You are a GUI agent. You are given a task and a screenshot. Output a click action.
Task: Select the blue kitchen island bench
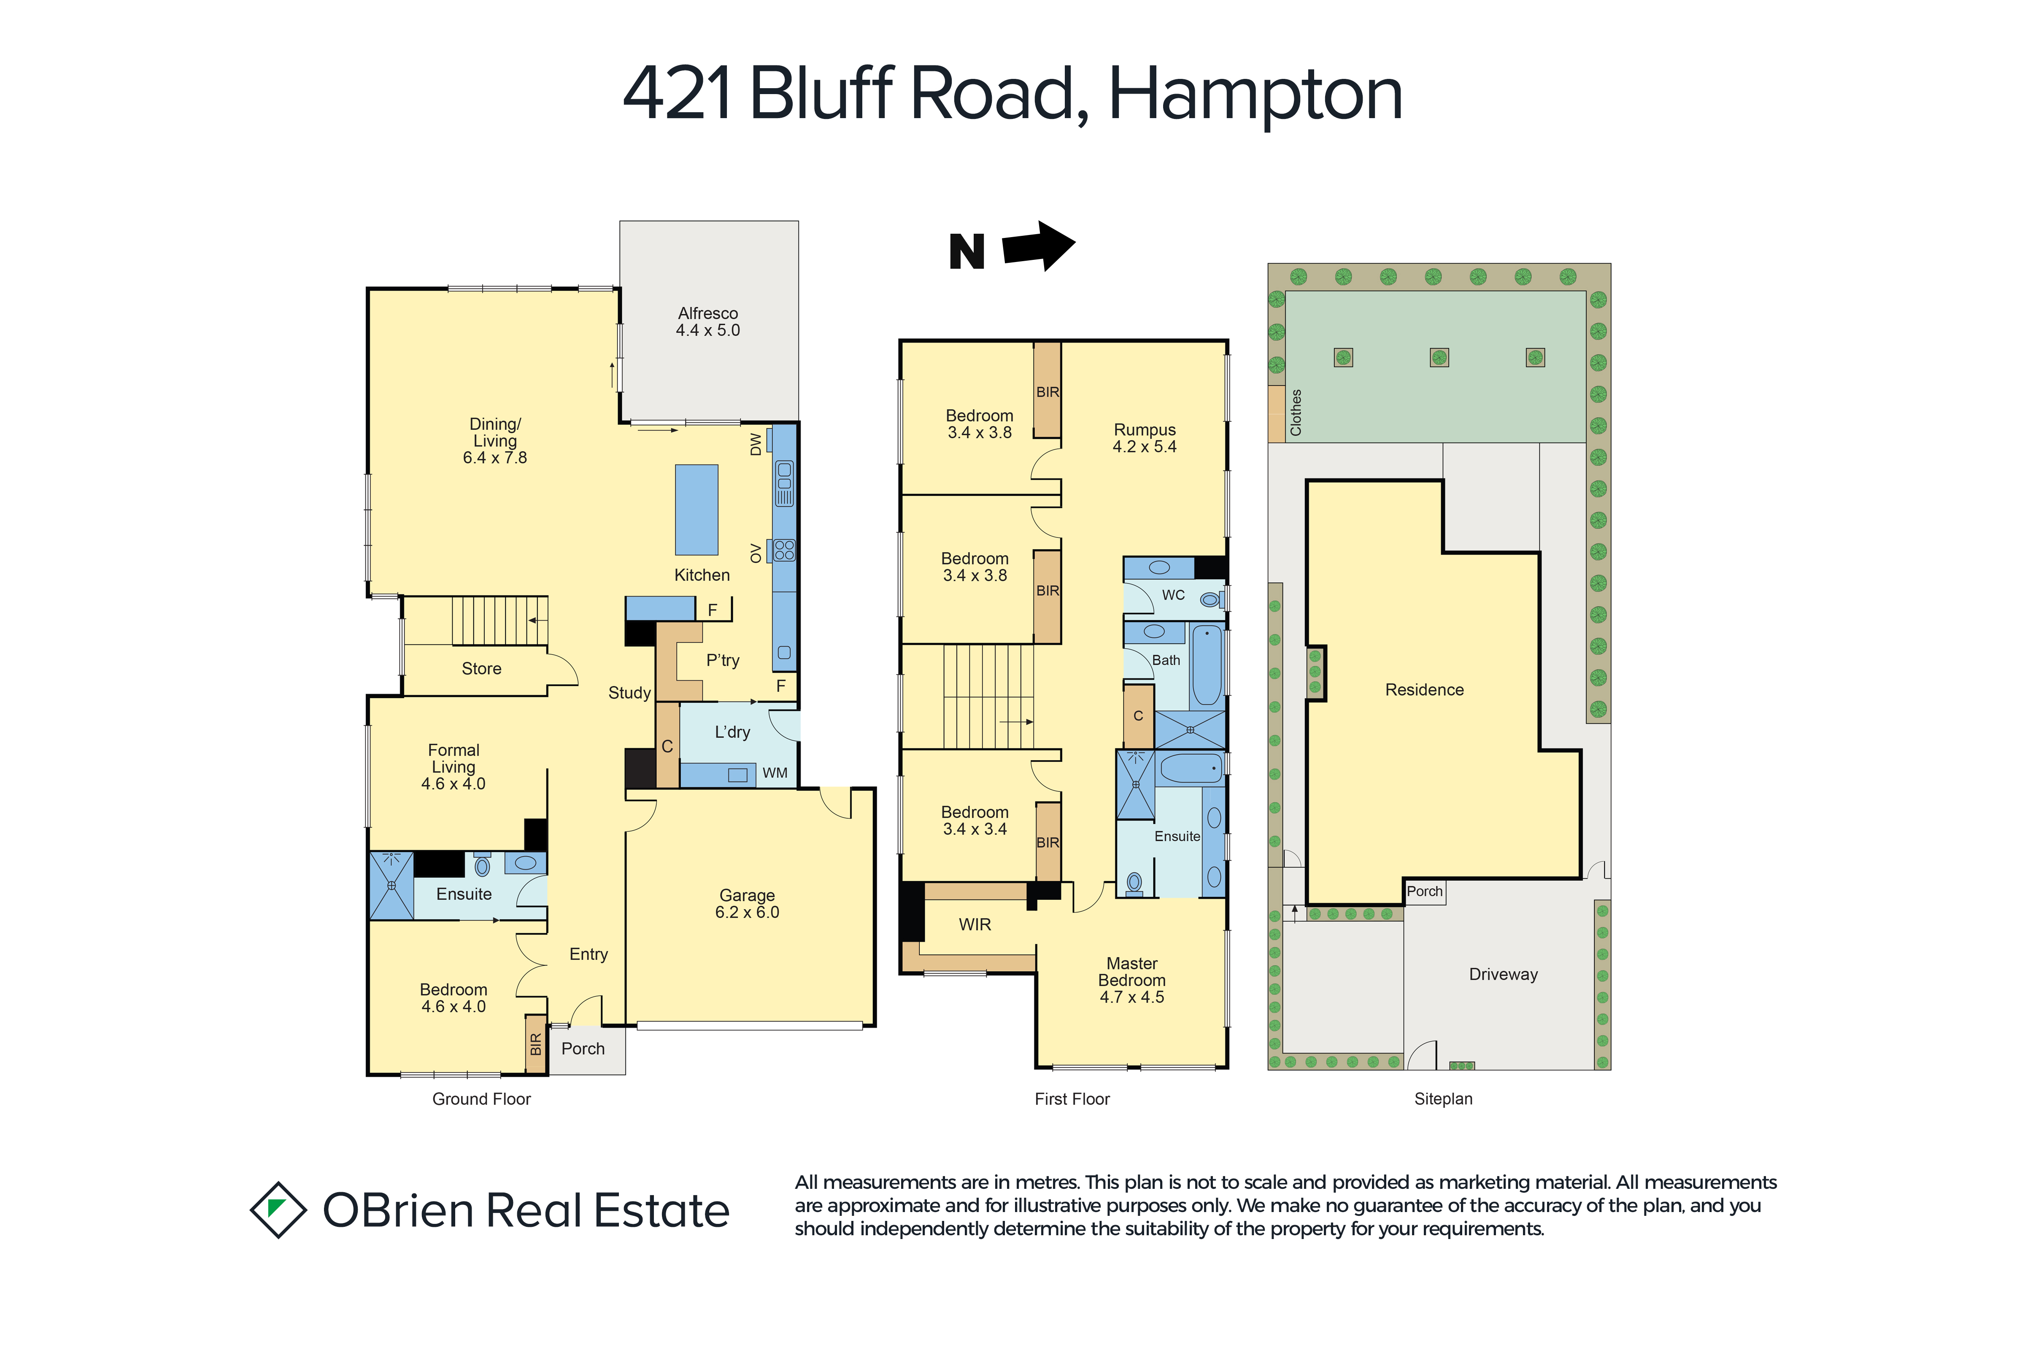click(697, 510)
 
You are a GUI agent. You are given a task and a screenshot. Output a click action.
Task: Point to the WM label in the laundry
click(775, 773)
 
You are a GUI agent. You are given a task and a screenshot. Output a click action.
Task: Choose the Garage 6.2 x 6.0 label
click(747, 904)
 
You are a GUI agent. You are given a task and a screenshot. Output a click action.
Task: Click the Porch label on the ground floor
click(583, 1049)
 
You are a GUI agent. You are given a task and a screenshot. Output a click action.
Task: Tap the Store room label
click(481, 669)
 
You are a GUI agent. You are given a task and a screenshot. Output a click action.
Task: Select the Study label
click(629, 693)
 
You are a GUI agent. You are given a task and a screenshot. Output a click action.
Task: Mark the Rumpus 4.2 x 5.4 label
click(1144, 438)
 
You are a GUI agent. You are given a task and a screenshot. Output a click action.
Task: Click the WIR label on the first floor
click(975, 925)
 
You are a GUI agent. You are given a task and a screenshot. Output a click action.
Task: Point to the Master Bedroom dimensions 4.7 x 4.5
click(1131, 997)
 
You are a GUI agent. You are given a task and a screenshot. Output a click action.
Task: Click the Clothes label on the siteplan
click(1296, 413)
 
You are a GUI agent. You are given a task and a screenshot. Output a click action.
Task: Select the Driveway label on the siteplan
click(1503, 975)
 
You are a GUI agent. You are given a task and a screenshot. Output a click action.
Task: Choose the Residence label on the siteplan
click(1424, 690)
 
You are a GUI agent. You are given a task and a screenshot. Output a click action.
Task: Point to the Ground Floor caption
click(481, 1099)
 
